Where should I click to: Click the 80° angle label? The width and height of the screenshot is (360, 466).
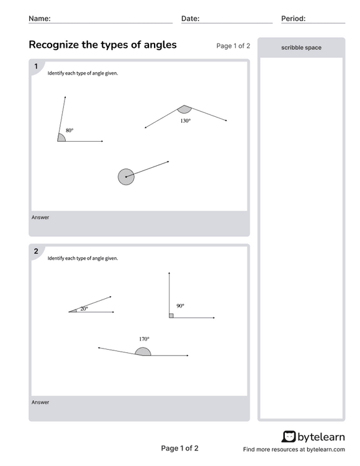70,130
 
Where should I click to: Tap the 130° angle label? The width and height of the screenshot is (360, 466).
186,121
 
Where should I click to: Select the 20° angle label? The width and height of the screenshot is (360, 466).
84,308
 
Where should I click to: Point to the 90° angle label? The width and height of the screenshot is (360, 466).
180,306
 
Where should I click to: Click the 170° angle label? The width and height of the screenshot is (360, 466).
144,339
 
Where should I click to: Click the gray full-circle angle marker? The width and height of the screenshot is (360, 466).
126,177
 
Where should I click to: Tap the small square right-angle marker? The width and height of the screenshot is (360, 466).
171,316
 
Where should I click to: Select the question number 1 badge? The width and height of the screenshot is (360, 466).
36,66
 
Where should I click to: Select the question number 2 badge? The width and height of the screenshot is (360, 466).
36,252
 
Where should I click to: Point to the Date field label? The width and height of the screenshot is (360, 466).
190,19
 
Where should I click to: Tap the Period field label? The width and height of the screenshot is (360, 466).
293,19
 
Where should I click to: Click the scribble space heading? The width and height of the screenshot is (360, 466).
301,47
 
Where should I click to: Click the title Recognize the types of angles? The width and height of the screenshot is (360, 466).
102,45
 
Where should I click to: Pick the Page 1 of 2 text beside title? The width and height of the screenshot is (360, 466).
233,46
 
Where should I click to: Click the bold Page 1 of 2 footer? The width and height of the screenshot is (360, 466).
180,448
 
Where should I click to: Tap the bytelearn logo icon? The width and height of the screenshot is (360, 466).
289,436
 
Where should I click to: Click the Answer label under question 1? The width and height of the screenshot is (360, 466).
40,217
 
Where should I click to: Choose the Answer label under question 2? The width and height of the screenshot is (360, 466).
40,402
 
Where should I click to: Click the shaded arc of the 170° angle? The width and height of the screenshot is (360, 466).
143,352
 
